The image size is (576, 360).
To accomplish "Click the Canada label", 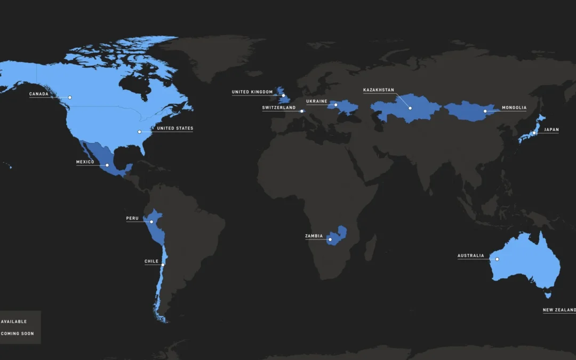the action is pos(39,94).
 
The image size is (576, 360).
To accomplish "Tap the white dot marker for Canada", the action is pos(69,97).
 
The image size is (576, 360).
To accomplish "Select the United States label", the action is pos(175,129).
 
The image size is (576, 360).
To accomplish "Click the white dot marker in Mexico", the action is pos(107,165).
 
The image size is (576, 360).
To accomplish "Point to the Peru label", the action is pos(132,218).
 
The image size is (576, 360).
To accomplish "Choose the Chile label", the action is pos(151,262).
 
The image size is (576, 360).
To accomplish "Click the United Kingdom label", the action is pos(252,92).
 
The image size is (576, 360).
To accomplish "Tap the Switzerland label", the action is pos(278,108).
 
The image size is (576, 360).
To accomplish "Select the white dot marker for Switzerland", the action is pos(301,111).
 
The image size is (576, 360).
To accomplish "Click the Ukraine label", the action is pos(317,101).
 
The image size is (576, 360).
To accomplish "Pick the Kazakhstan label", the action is pos(379,90).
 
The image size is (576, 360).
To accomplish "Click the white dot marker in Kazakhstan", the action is pos(410,108).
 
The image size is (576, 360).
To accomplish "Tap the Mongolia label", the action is pos(514,108).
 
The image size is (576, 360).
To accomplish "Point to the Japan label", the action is pos(551,130).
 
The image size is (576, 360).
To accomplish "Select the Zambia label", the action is pos(314,236).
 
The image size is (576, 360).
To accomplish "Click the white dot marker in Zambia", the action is pos(330,239).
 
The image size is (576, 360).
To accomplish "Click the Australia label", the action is pos(471,256).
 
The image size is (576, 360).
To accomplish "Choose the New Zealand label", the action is pos(559,310).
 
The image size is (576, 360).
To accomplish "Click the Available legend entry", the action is pos(14,322).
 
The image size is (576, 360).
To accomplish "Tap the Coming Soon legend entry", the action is pos(17,334).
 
